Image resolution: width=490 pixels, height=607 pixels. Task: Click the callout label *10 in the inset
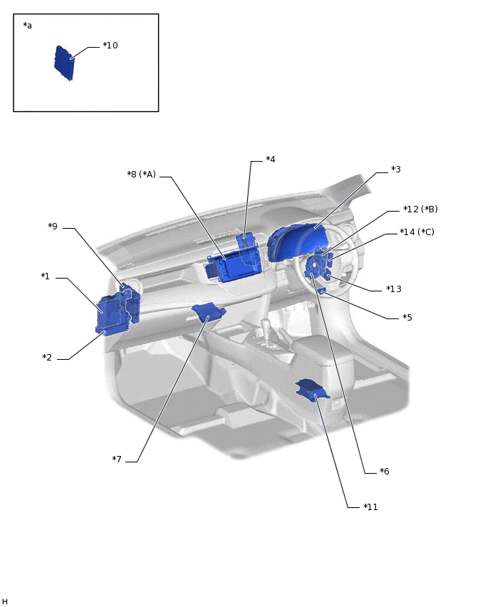tap(110, 46)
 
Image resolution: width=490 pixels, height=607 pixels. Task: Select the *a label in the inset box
tap(28, 26)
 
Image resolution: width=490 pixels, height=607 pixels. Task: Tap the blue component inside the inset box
tap(64, 63)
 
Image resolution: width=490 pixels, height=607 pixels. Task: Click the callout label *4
tap(270, 160)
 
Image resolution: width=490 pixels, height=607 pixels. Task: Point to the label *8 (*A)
tap(141, 175)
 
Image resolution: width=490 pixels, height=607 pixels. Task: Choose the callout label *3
tap(395, 170)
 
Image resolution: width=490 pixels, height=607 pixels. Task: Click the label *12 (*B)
tap(419, 209)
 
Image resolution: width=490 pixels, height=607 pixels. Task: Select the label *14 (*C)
tap(417, 232)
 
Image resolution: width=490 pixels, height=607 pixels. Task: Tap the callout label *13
tap(393, 289)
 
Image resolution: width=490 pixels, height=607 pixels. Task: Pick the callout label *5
tap(407, 318)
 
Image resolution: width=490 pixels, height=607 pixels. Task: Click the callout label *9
tap(53, 227)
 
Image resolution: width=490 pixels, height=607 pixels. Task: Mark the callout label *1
tap(45, 276)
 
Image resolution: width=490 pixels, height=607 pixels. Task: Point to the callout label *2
tap(47, 358)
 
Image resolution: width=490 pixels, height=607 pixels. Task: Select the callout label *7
tap(117, 460)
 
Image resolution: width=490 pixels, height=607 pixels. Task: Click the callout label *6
tap(384, 472)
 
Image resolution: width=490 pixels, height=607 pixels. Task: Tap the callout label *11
tap(370, 507)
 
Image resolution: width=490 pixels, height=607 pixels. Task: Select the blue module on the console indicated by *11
tap(312, 390)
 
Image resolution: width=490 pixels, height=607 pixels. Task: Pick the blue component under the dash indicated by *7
tap(208, 311)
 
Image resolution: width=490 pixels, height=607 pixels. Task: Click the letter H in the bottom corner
tap(5, 602)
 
